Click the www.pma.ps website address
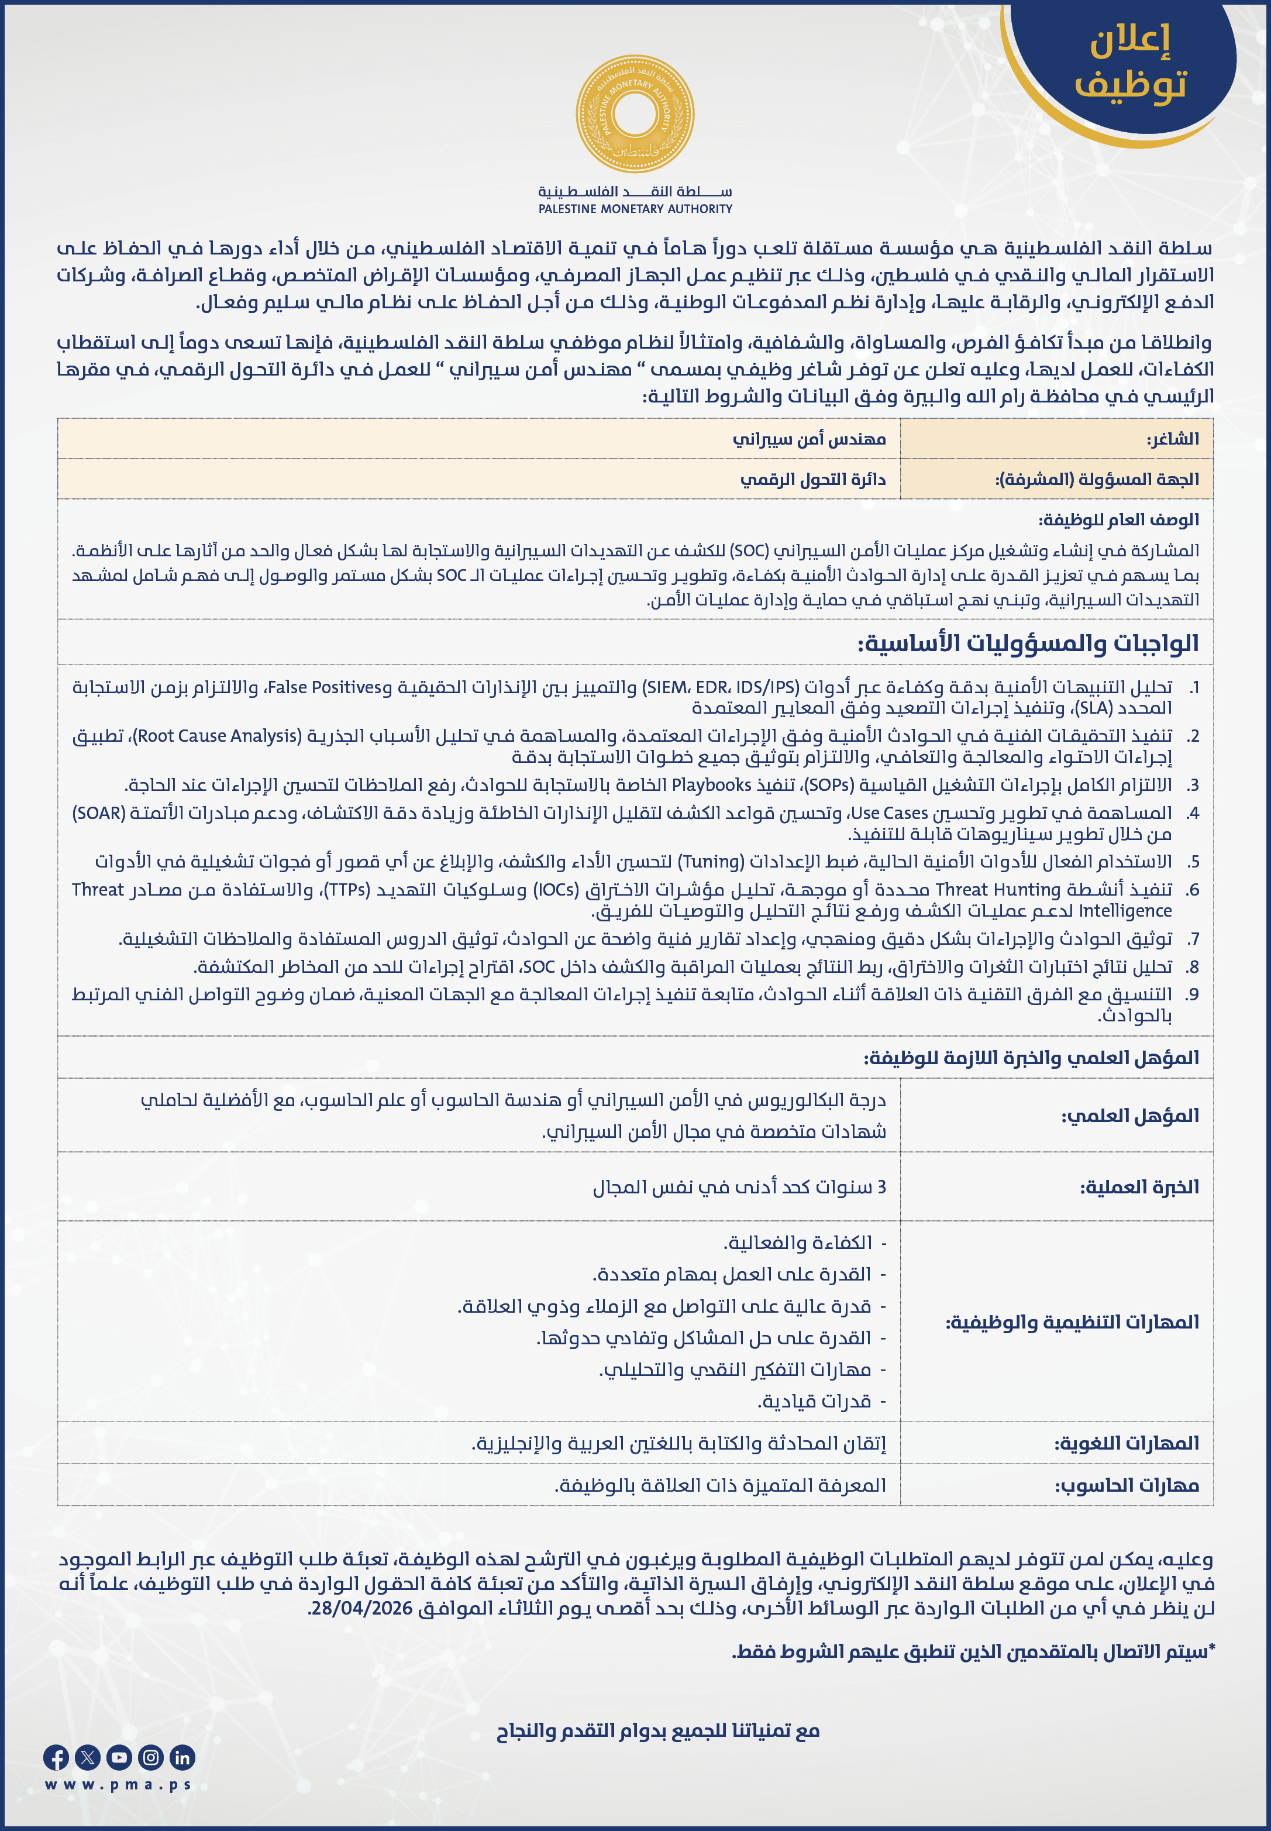point(118,1785)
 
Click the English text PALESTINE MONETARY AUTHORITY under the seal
point(635,209)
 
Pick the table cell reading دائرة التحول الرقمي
point(812,480)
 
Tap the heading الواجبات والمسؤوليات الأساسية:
point(1027,643)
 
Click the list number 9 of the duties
point(1191,994)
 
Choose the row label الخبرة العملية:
point(1139,1187)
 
